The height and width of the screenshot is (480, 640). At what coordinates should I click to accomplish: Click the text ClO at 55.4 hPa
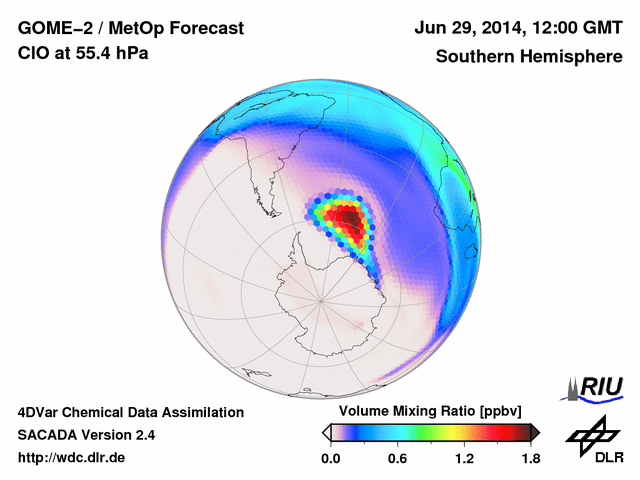pos(83,54)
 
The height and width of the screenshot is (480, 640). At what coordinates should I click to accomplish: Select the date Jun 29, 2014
pos(466,29)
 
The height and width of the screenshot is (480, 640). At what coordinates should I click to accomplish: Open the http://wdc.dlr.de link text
pos(72,458)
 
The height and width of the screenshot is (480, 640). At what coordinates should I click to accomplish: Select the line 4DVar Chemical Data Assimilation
pos(130,412)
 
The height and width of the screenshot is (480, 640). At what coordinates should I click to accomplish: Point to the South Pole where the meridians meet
pos(321,298)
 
